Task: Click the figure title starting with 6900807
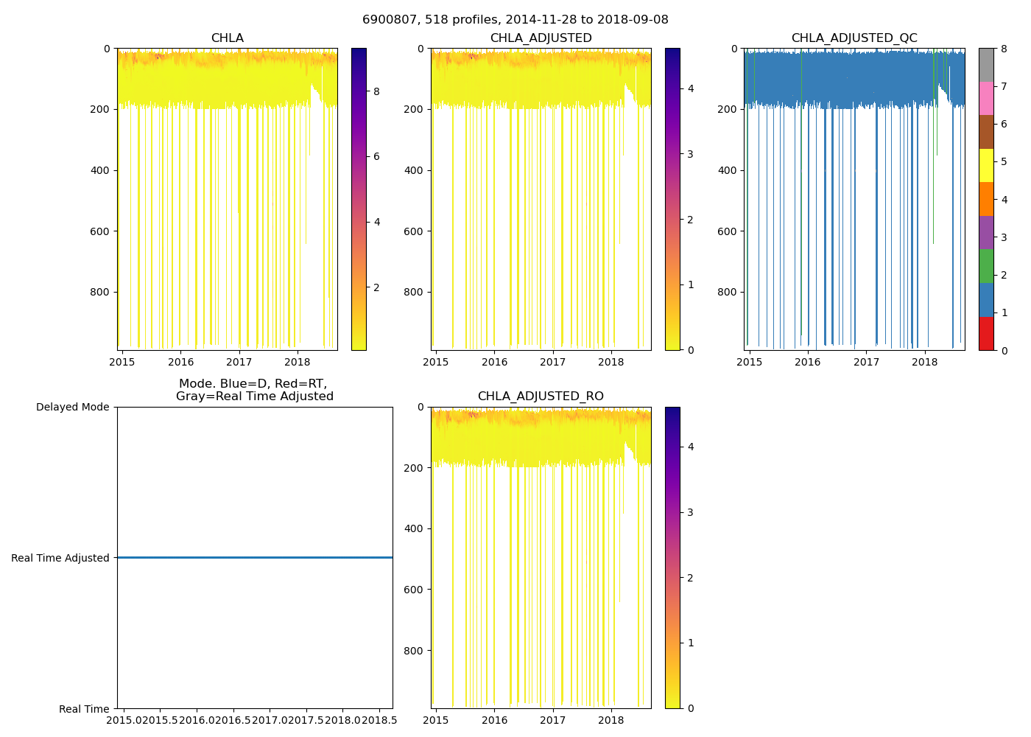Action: (515, 20)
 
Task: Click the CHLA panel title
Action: (227, 38)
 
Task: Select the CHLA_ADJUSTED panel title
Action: (541, 38)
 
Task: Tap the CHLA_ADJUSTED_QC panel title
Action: (854, 38)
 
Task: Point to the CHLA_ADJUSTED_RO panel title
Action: (541, 397)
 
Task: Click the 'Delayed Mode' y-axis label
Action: (72, 408)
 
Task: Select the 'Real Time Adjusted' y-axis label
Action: (60, 558)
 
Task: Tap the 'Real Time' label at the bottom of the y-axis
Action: (84, 709)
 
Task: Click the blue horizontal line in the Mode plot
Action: (255, 558)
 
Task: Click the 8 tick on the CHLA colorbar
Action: (376, 91)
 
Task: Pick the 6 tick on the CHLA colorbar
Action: (376, 156)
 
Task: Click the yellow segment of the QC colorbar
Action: (986, 165)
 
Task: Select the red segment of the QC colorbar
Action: (986, 333)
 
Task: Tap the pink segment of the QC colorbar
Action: (986, 98)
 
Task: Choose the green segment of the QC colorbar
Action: (986, 266)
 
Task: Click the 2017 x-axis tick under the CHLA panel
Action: (239, 362)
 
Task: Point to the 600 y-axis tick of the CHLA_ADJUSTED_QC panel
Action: (728, 231)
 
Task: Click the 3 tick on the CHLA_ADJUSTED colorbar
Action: (690, 154)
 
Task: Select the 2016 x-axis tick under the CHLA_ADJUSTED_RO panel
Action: (494, 720)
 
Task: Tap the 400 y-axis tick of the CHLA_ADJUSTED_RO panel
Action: (415, 528)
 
